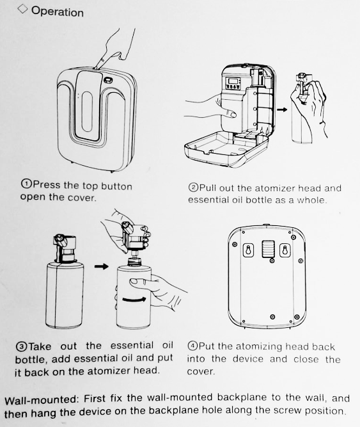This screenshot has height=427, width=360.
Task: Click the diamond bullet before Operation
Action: click(x=22, y=9)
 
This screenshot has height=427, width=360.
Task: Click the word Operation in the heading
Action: click(x=58, y=12)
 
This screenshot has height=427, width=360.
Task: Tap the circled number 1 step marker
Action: click(x=26, y=184)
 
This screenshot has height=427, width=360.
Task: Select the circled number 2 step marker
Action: click(x=192, y=188)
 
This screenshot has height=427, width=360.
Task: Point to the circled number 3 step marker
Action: click(x=22, y=347)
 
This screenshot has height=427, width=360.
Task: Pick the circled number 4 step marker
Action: click(x=192, y=346)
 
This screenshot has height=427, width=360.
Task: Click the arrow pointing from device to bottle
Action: click(x=282, y=109)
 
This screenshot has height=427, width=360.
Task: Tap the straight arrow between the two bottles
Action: click(x=102, y=266)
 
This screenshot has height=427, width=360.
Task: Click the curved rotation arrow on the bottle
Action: click(x=134, y=300)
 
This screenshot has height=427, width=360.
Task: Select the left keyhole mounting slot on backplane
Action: click(x=248, y=250)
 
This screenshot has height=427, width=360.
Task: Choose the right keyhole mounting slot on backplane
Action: click(x=285, y=250)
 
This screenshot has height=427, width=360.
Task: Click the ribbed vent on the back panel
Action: click(x=268, y=248)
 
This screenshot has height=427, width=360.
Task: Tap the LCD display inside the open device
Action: click(x=233, y=81)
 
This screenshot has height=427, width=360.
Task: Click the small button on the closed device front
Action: click(x=108, y=80)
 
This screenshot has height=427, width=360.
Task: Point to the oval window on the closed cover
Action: click(x=87, y=111)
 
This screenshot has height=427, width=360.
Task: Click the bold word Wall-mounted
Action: click(x=42, y=400)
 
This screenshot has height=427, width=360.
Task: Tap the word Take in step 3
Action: click(x=40, y=346)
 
